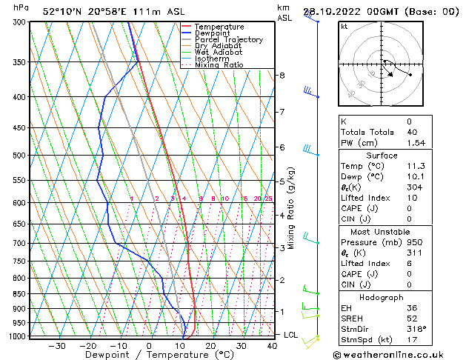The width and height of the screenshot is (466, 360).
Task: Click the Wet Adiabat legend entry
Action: (220, 52)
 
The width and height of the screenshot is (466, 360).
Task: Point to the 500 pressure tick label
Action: (21, 156)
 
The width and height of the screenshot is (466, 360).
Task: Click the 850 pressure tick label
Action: (21, 294)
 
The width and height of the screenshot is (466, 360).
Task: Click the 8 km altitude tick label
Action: (282, 76)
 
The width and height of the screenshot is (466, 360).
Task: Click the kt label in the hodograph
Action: (344, 27)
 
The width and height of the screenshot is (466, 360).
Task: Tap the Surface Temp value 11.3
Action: (415, 167)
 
